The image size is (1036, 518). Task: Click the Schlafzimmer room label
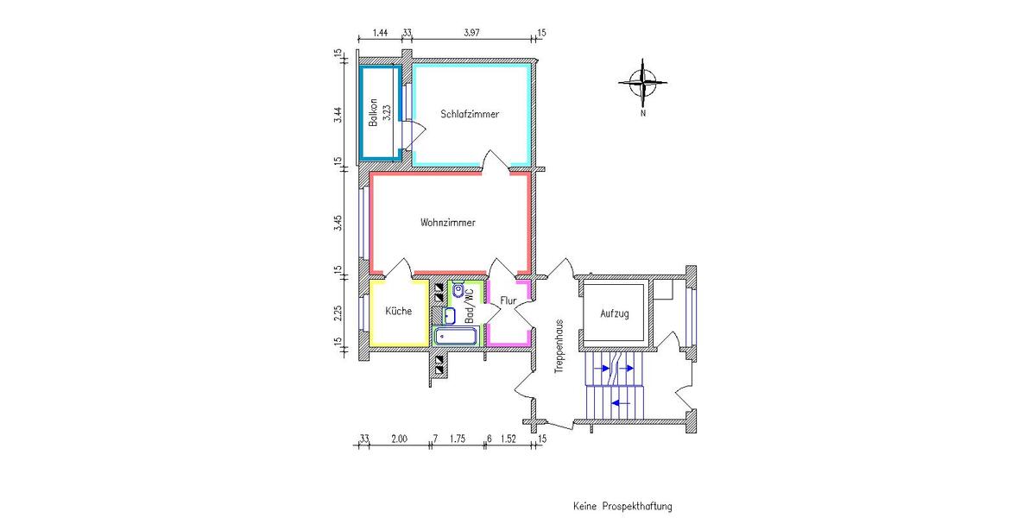[470, 114]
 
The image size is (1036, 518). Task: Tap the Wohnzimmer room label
[448, 223]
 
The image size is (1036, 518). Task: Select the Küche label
[398, 311]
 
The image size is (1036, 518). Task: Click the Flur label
[508, 300]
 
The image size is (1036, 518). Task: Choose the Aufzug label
[615, 313]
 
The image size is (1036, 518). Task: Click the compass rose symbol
[643, 83]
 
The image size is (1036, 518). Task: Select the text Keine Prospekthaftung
[622, 506]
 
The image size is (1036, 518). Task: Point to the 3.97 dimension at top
[471, 33]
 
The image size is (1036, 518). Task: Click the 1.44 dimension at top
[380, 33]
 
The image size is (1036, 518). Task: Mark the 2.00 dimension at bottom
[398, 439]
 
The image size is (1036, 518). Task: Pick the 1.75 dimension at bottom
[458, 439]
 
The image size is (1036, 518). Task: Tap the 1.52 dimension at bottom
[509, 439]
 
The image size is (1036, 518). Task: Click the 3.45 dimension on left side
[339, 223]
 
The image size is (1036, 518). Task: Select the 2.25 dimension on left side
[339, 313]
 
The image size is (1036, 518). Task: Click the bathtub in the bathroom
[456, 337]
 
